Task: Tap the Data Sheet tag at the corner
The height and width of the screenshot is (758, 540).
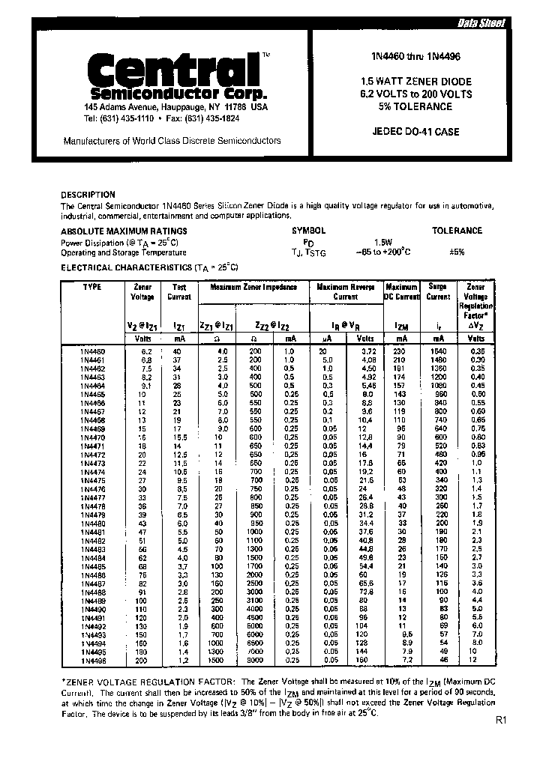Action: pyautogui.click(x=481, y=23)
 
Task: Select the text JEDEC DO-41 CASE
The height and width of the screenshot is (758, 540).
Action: pyautogui.click(x=415, y=133)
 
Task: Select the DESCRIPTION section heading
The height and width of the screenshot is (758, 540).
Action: pyautogui.click(x=88, y=195)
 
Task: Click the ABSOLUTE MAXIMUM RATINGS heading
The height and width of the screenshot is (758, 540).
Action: pyautogui.click(x=124, y=231)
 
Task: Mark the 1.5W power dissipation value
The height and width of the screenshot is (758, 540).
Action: pyautogui.click(x=383, y=243)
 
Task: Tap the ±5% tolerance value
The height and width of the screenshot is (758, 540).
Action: pyautogui.click(x=456, y=252)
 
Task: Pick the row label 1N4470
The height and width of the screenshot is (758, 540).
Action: pyautogui.click(x=92, y=437)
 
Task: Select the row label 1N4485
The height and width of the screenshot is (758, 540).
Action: pyautogui.click(x=92, y=566)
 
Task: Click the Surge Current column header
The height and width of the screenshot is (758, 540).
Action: pyautogui.click(x=438, y=291)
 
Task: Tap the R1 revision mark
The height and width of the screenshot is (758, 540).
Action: pyautogui.click(x=502, y=721)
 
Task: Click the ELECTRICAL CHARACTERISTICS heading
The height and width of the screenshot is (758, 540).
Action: pyautogui.click(x=148, y=267)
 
